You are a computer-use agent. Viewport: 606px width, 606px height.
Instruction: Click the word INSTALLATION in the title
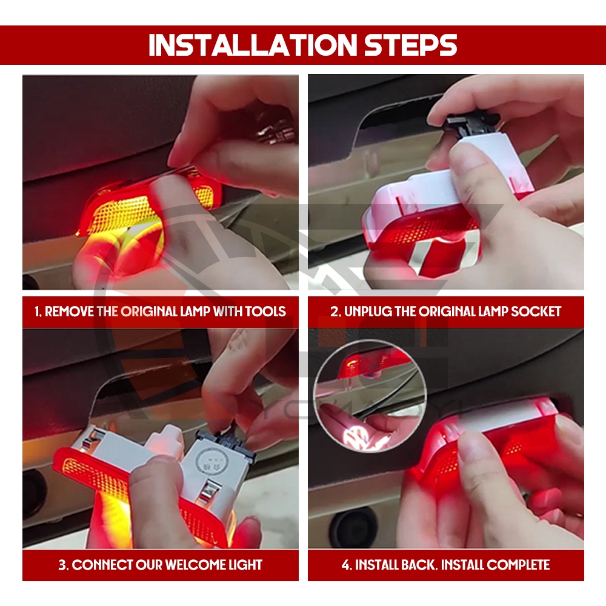[253, 45]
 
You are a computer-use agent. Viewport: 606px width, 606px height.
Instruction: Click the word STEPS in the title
[411, 45]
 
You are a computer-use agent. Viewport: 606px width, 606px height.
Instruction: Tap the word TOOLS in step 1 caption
[265, 311]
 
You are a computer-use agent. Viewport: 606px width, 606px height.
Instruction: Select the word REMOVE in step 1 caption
[70, 311]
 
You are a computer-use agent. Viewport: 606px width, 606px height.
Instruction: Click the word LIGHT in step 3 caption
[246, 565]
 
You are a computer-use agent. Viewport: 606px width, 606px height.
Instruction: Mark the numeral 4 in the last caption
[345, 565]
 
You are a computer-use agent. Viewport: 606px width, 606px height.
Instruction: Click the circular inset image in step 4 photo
[370, 397]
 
